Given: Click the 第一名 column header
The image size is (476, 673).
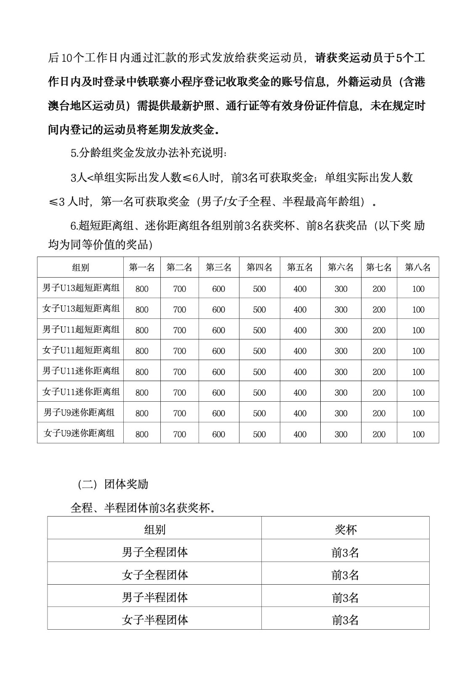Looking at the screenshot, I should pos(142,268).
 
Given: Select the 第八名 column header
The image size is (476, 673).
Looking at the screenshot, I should pos(418,268).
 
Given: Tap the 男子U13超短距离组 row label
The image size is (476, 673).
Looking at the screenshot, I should pos(81,288).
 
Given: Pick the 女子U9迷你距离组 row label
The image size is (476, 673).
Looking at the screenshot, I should pos(79,433).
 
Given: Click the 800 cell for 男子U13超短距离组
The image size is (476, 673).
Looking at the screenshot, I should pos(142,289).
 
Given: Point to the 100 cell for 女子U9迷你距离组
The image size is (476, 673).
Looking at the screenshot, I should pos(418,434).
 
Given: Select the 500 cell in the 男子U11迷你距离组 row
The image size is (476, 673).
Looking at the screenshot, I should pos(259,372).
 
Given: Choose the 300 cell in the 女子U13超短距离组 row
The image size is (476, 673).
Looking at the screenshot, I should pos(341,310).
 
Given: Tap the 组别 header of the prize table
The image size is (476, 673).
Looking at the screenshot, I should pos(80,268).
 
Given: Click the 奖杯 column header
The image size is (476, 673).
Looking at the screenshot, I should pos(346,530).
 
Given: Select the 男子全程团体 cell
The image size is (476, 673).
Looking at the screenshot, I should pos(155,552).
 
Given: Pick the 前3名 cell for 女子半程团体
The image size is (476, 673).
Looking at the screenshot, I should pos(346,620).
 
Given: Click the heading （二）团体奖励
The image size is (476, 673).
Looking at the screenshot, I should pos(113,484).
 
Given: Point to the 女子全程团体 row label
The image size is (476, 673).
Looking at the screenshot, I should pos(155,575).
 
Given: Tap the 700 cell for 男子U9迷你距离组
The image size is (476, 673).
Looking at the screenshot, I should pos(180,413).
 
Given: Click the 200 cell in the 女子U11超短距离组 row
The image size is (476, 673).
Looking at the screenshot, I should pos(379,351).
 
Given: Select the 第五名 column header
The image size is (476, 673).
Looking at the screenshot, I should pos(300,268).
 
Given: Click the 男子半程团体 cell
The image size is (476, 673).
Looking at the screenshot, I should pos(155,597).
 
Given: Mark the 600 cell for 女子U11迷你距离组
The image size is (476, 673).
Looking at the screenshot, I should pos(219,392).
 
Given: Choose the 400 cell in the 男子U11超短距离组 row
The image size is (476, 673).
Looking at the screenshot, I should pos(300,330).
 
